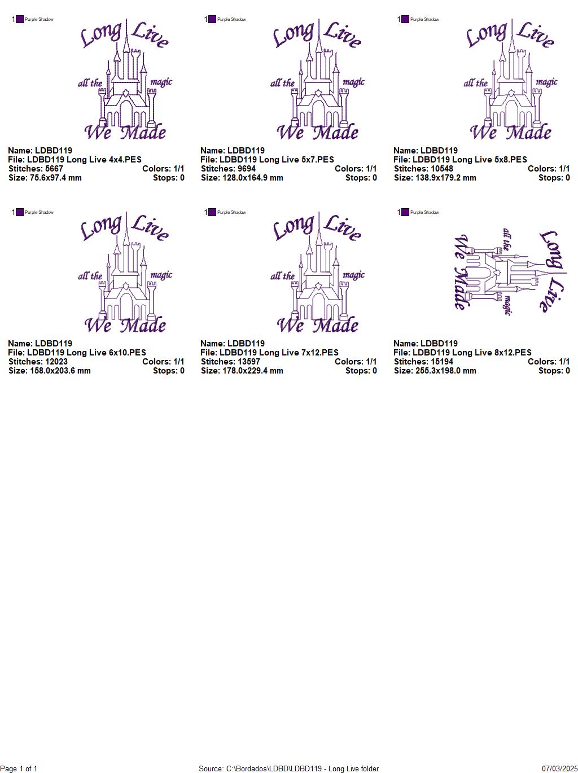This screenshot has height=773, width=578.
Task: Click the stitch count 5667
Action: [x=54, y=169]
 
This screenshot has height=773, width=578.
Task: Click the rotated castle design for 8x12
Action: [x=510, y=272]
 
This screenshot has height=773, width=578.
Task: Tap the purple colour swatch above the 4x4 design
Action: [x=20, y=19]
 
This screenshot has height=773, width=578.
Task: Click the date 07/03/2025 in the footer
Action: [x=559, y=768]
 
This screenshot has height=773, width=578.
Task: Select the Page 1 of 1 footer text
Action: [x=19, y=768]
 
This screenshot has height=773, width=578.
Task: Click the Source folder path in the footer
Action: [x=288, y=768]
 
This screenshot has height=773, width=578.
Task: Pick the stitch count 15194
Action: [x=441, y=362]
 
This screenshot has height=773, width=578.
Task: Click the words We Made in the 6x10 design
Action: [x=125, y=325]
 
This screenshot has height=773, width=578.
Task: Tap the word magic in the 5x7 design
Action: [x=353, y=82]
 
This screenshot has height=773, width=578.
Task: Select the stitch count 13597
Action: [x=248, y=362]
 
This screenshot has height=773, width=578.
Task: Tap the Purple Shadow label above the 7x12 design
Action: [x=231, y=213]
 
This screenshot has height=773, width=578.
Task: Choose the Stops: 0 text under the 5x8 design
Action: [x=554, y=178]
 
